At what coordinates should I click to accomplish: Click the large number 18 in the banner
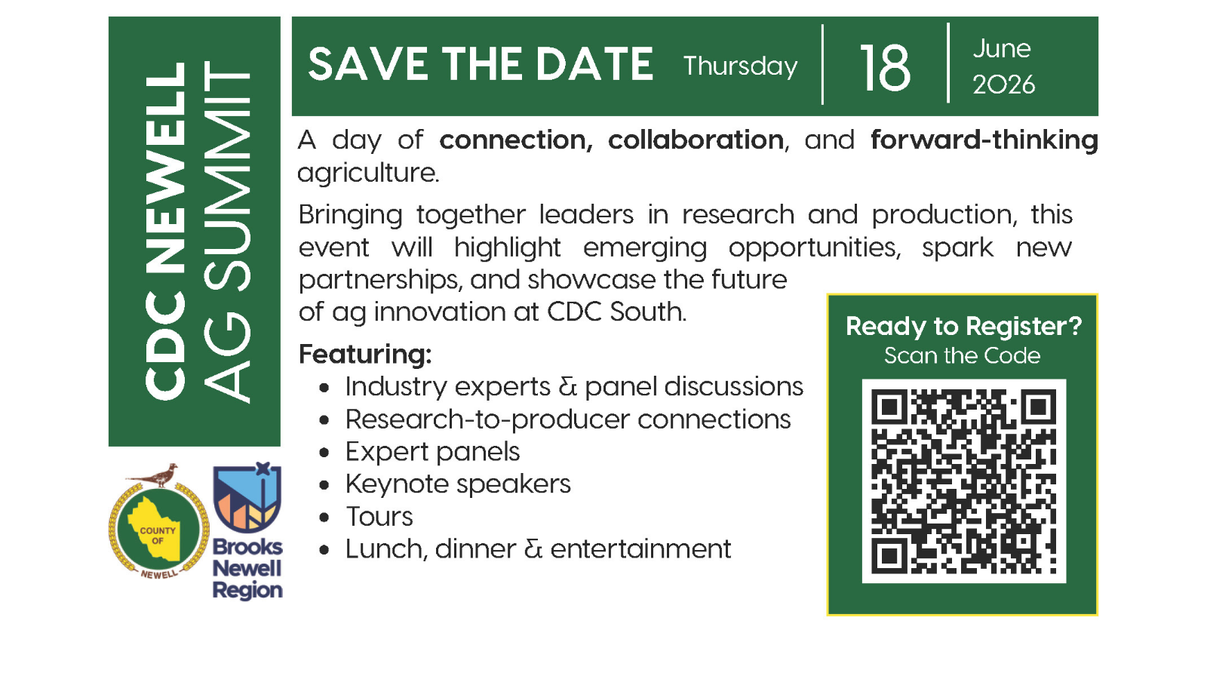(x=885, y=68)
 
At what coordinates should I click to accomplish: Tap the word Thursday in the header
(x=740, y=66)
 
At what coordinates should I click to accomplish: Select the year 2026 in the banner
(x=1003, y=84)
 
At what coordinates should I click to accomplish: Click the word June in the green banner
(x=1001, y=48)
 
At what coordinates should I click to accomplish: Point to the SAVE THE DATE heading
(x=481, y=64)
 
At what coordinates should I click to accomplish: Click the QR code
(x=963, y=481)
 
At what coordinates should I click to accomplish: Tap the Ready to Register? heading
(x=963, y=326)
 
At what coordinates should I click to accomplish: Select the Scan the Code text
(x=962, y=355)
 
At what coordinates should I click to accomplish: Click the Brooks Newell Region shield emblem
(x=247, y=497)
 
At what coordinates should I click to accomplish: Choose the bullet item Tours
(x=379, y=517)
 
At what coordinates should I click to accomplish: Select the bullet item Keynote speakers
(x=458, y=484)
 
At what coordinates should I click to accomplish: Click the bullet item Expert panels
(x=432, y=451)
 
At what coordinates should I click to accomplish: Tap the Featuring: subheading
(x=365, y=354)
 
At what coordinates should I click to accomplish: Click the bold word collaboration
(x=696, y=140)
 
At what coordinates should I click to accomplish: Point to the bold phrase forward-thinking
(x=984, y=140)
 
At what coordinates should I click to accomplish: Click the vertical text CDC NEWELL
(x=166, y=231)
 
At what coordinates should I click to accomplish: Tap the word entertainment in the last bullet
(x=640, y=548)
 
